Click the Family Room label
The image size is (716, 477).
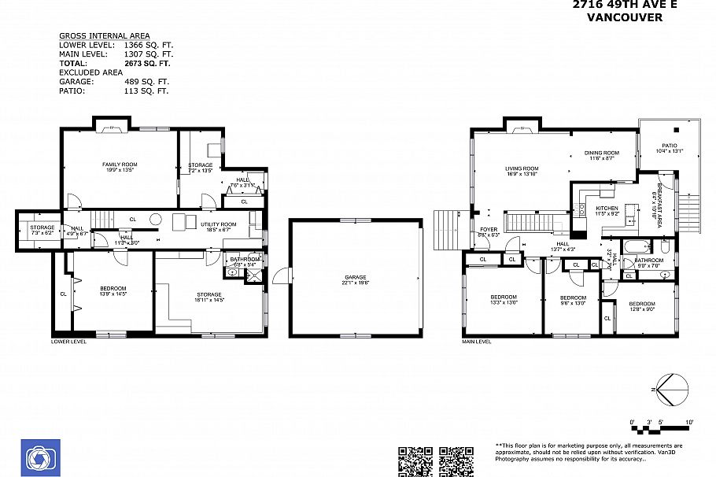120,165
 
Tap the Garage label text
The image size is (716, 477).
356,277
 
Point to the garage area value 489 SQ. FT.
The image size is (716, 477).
146,81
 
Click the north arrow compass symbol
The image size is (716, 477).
672,390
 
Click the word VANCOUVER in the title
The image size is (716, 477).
625,17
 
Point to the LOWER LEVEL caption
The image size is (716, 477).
68,342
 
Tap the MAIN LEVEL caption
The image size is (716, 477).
477,342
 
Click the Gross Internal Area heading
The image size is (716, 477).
104,36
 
